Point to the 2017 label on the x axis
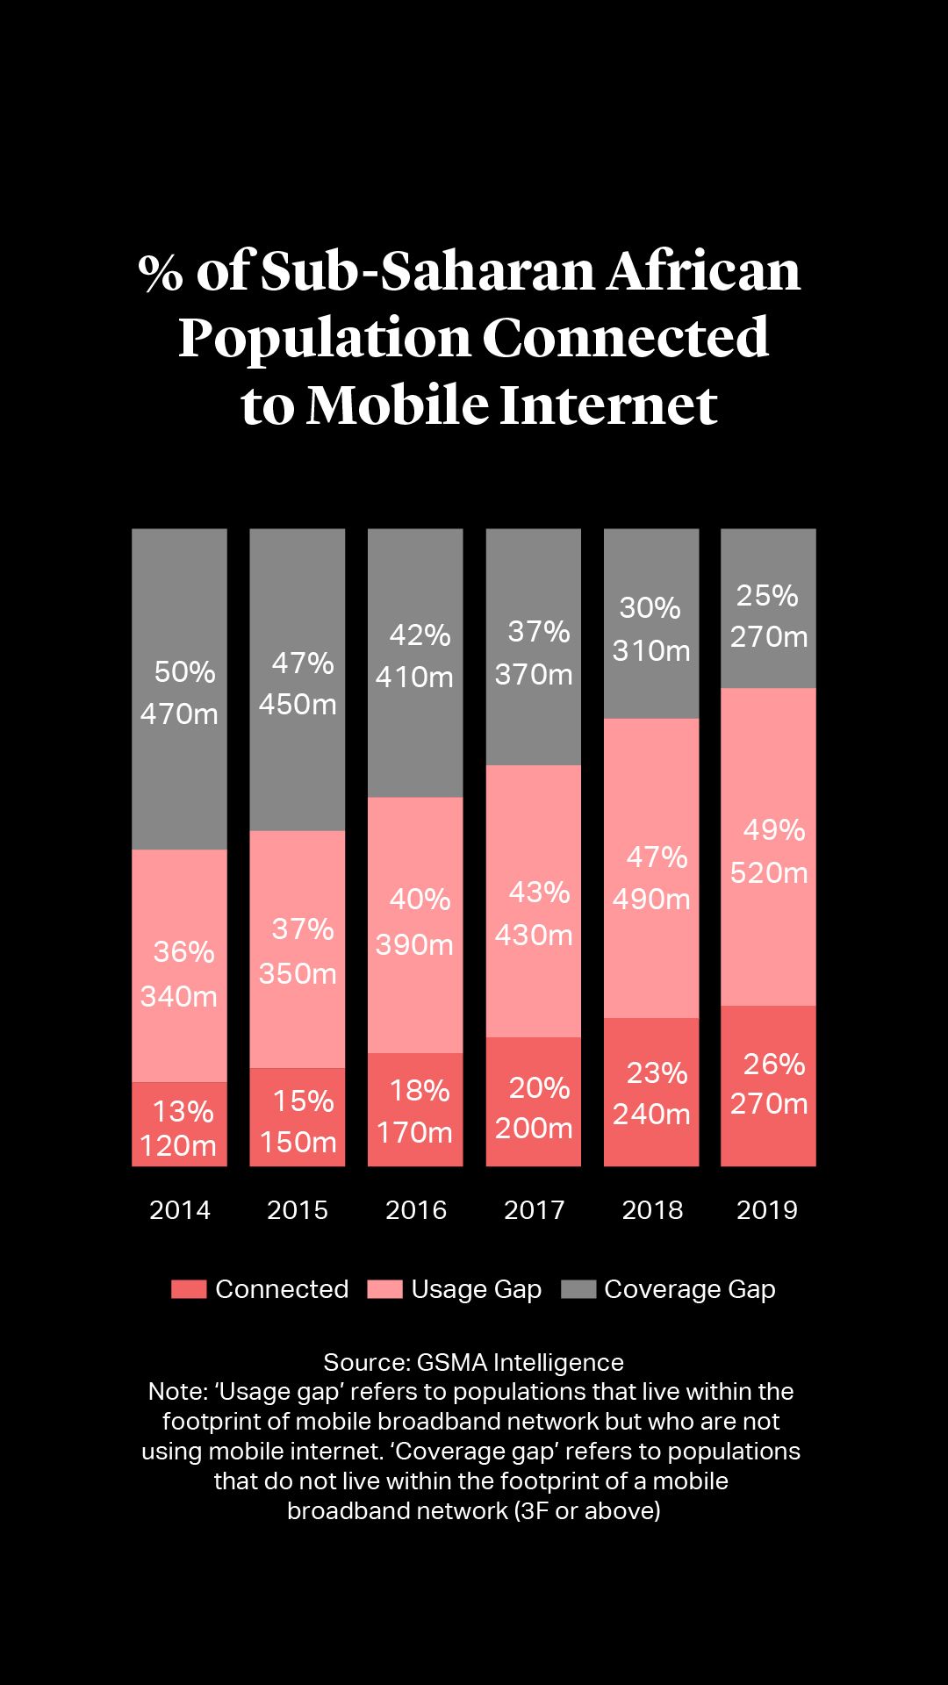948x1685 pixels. pos(534,1210)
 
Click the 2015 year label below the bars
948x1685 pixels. pos(298,1210)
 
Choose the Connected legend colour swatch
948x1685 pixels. pos(189,1289)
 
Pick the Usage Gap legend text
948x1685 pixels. pos(476,1289)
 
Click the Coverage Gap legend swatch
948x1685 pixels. pos(578,1289)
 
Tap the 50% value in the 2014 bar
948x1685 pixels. pos(184,672)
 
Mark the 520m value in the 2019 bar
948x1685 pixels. pos(769,873)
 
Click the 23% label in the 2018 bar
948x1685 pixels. pos(657,1073)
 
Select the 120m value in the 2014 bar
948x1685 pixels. pos(178,1146)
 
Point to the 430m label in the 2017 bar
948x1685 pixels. pos(534,936)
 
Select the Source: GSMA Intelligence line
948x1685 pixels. pos(474,1362)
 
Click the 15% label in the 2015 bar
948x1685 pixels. pos(303,1101)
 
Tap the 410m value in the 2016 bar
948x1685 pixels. pos(414,678)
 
